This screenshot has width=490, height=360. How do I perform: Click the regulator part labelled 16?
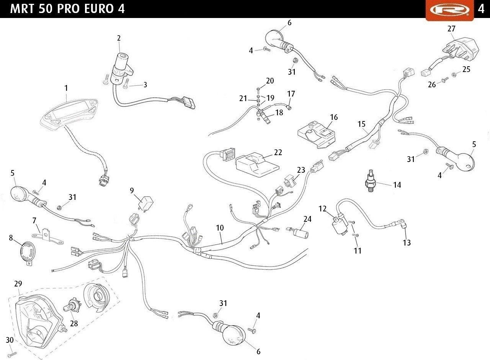[316, 132]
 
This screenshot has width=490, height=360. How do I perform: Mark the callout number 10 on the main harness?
[219, 227]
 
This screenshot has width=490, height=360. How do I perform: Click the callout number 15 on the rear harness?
[362, 124]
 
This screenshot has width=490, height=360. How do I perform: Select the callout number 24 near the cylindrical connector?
[307, 219]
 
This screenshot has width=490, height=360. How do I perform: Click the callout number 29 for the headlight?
[18, 284]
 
